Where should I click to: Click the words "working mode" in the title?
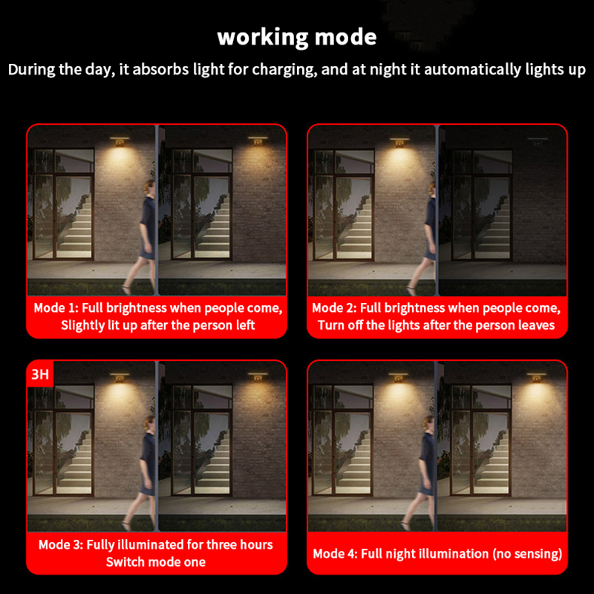(297, 38)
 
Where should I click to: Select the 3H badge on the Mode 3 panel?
(40, 374)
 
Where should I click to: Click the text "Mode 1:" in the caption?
(56, 308)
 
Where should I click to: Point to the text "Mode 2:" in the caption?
(334, 308)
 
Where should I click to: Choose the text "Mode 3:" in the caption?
(61, 545)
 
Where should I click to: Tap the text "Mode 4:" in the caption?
(336, 554)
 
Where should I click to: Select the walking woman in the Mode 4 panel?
(420, 473)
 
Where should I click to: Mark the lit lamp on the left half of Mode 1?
(120, 141)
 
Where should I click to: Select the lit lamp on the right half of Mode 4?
(536, 377)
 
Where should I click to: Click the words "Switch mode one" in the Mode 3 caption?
(156, 562)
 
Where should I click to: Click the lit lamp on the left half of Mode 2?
(399, 142)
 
